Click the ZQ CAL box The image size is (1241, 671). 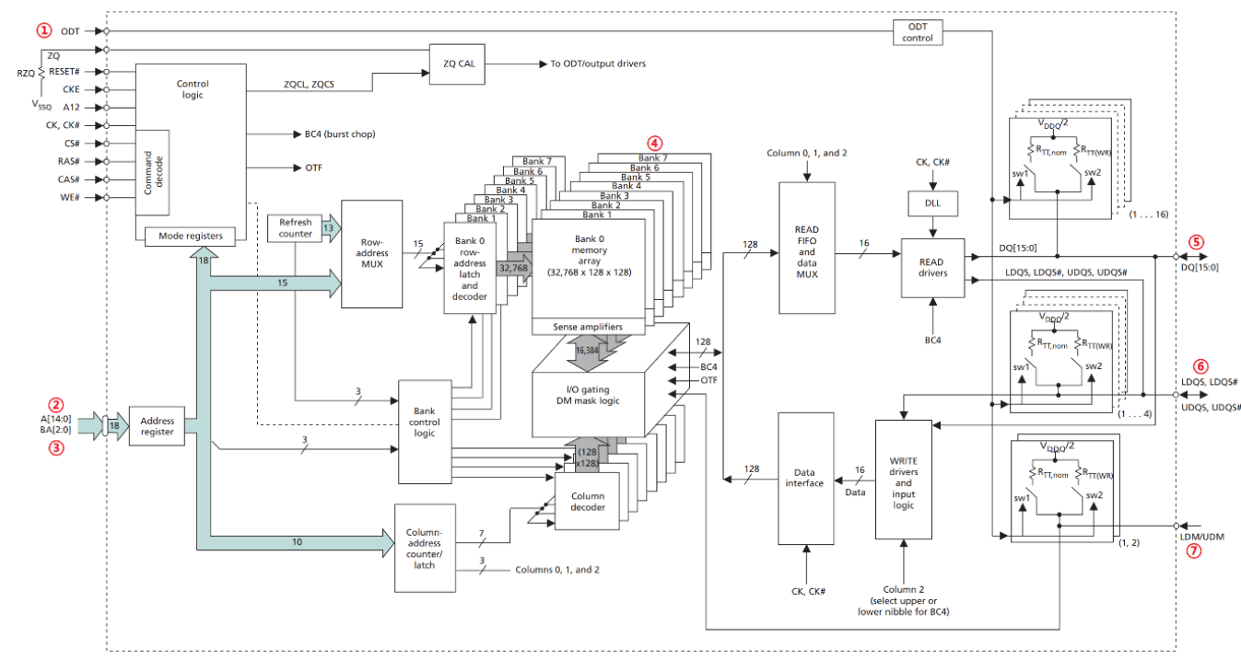pyautogui.click(x=457, y=64)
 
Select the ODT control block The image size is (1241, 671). pyautogui.click(x=918, y=32)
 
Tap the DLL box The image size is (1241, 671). pyautogui.click(x=932, y=203)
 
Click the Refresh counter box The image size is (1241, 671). pyautogui.click(x=295, y=228)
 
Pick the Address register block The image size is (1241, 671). pyautogui.click(x=157, y=426)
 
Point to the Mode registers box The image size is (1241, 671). pyautogui.click(x=190, y=237)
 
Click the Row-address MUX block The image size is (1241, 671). pyautogui.click(x=371, y=253)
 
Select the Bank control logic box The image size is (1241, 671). pyautogui.click(x=425, y=432)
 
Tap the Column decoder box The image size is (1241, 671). pyautogui.click(x=587, y=501)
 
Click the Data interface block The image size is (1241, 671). pyautogui.click(x=805, y=479)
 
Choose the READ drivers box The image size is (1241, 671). pyautogui.click(x=933, y=268)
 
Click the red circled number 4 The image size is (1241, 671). pyautogui.click(x=654, y=144)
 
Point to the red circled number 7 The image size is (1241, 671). pyautogui.click(x=1193, y=550)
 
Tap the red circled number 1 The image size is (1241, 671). pyautogui.click(x=44, y=30)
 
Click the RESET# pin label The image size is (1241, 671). pyautogui.click(x=64, y=72)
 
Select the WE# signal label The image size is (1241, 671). pyautogui.click(x=70, y=198)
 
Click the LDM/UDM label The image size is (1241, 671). pyautogui.click(x=1201, y=537)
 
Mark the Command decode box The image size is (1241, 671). pyautogui.click(x=152, y=173)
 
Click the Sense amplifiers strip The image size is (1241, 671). pyautogui.click(x=588, y=327)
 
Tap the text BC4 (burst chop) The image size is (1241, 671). pyautogui.click(x=340, y=134)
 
